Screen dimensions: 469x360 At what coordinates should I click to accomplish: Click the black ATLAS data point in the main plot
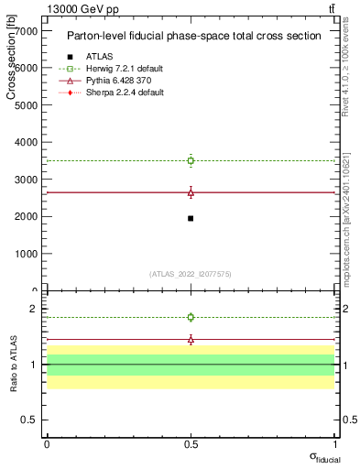[191, 218]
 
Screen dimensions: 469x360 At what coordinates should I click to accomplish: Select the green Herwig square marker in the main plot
[191, 160]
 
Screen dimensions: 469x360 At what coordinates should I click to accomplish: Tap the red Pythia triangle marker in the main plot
[191, 192]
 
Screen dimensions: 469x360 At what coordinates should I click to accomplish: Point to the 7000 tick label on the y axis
[25, 30]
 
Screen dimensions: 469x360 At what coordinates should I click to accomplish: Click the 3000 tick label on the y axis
[25, 180]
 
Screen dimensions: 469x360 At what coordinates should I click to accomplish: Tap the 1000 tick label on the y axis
[25, 254]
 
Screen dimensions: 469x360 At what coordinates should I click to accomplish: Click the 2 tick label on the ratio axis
[33, 309]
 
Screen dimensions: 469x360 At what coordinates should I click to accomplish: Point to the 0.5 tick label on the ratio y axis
[28, 420]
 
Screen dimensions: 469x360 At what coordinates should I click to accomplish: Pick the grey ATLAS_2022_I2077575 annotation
[191, 273]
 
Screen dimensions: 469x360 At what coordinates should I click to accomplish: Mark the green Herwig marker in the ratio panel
[191, 317]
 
